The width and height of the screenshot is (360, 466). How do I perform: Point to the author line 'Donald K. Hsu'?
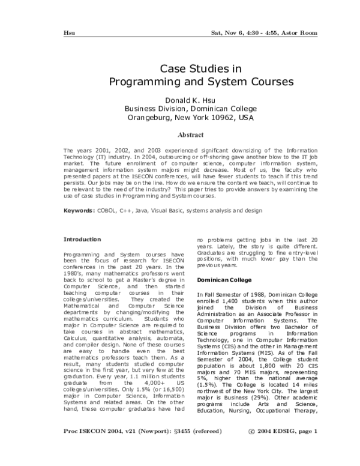tap(181, 100)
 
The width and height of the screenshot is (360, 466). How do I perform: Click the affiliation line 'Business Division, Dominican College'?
tap(181, 109)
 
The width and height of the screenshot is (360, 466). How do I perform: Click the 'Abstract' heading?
tap(181, 135)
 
